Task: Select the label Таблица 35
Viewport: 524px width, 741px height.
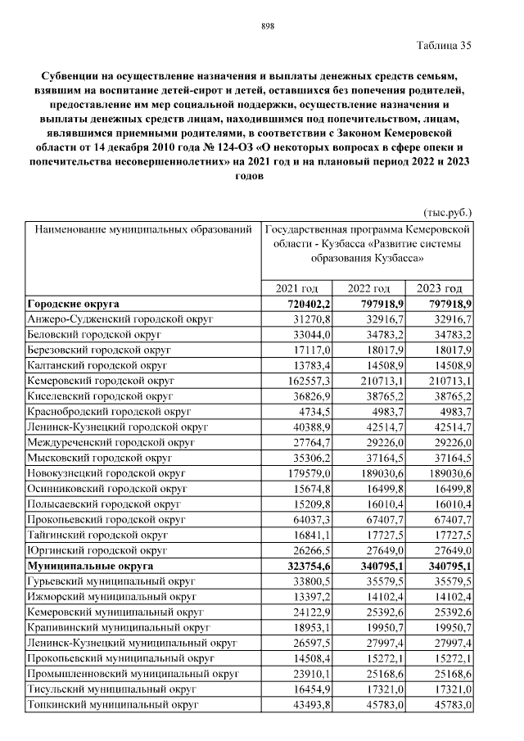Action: pos(444,45)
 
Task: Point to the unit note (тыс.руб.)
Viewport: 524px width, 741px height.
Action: pos(448,212)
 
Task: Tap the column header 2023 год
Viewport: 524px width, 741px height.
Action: pos(440,288)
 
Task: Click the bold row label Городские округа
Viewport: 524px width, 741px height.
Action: pos(74,303)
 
